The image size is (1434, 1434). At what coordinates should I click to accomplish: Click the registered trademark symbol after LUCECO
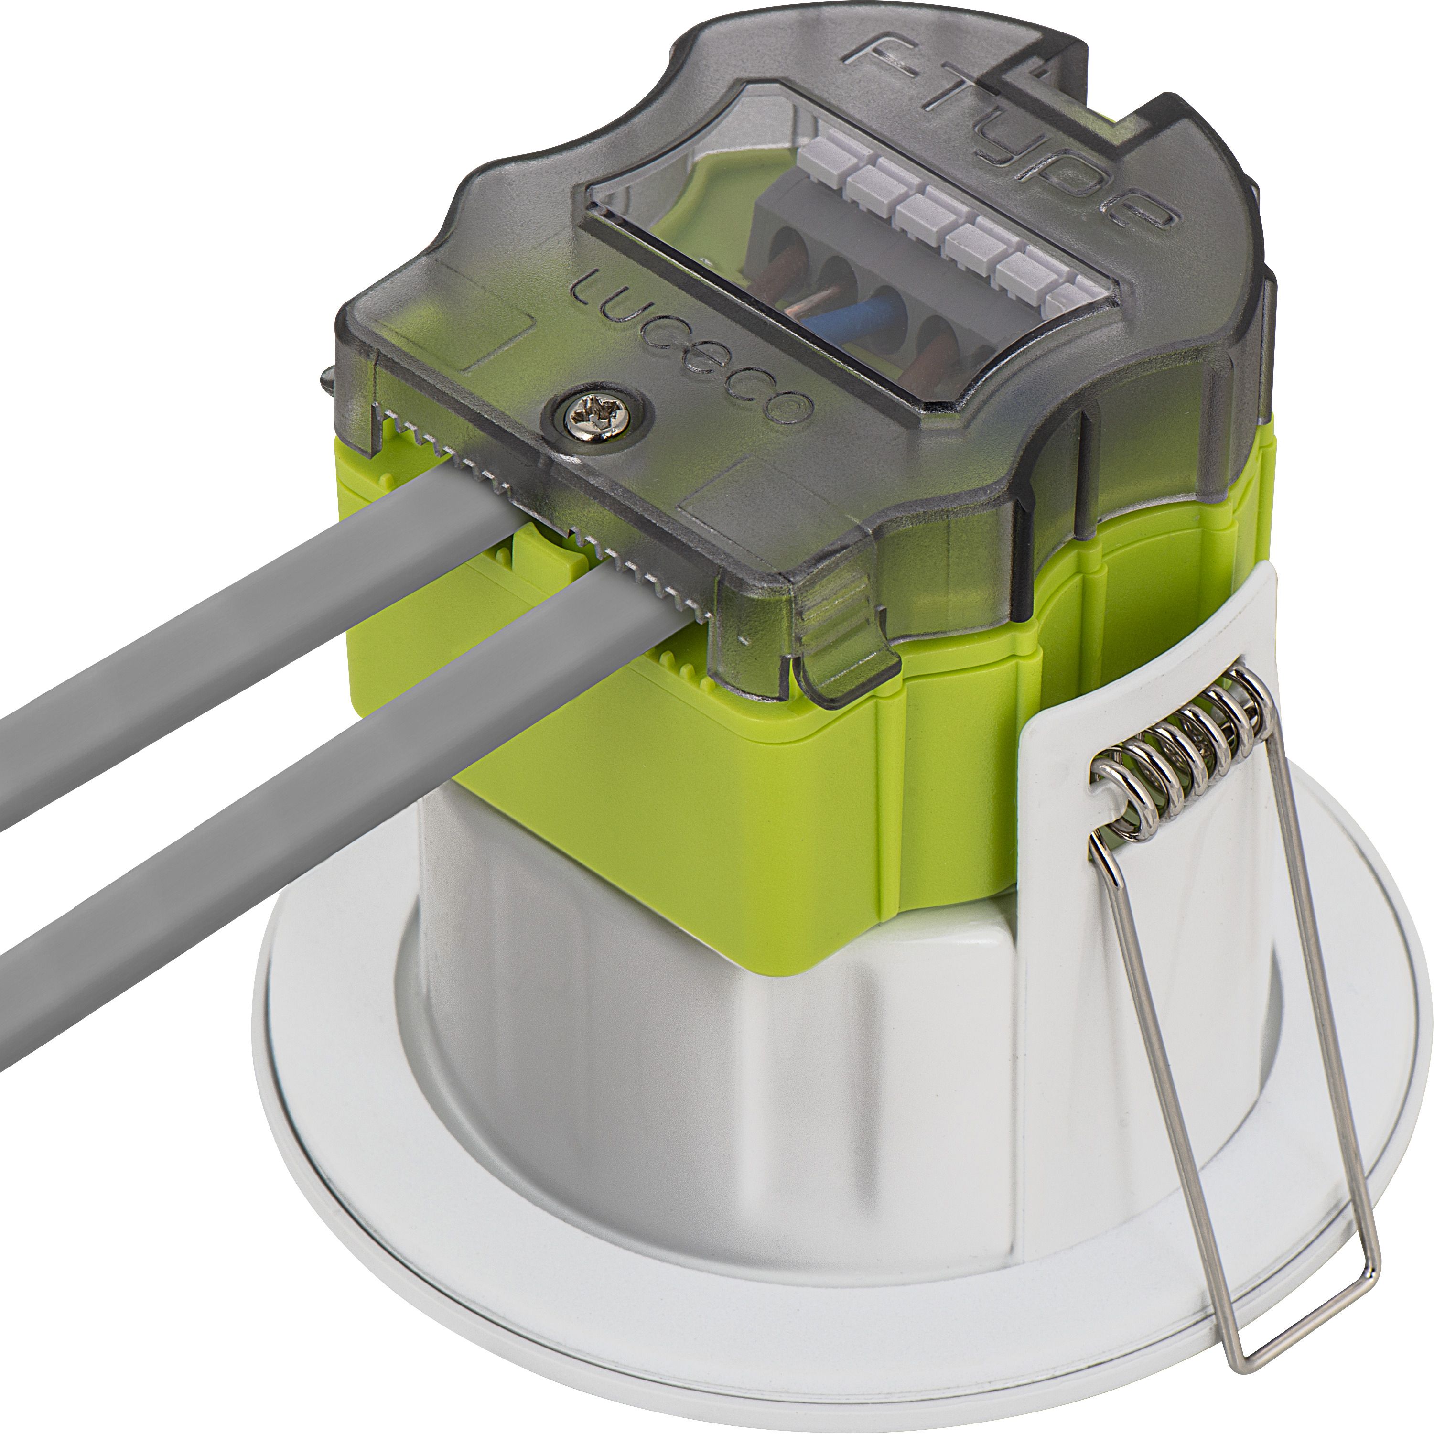coord(796,407)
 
